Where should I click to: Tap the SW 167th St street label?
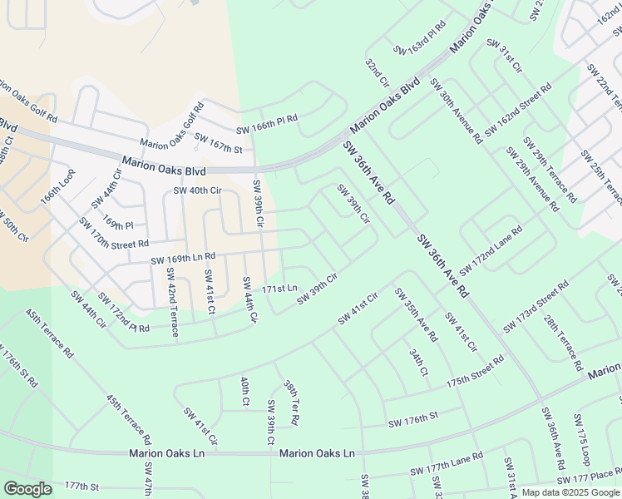point(215,149)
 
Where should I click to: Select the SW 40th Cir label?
point(197,190)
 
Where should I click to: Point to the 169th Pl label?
point(118,225)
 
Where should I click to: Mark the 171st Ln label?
point(279,289)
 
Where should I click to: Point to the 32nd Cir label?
point(377,72)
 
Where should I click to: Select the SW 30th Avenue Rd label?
point(456,111)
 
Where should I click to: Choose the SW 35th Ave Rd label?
point(415,314)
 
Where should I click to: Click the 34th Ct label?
point(417,362)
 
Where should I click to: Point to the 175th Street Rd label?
point(475,372)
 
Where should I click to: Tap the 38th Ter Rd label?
point(290,403)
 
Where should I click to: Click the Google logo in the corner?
point(27,489)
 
